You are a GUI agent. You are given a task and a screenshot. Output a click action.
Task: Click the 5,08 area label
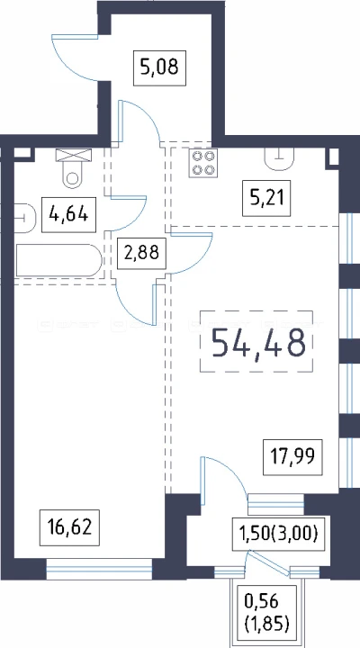click(x=159, y=68)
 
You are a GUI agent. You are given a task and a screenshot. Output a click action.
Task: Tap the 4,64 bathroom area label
click(x=68, y=215)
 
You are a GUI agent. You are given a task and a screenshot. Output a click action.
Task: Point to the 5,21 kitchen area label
click(x=266, y=199)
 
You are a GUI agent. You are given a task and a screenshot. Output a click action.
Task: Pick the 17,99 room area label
click(x=292, y=457)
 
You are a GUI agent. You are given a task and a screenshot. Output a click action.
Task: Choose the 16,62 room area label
click(x=69, y=527)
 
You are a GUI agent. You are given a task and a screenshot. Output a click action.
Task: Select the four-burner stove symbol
click(x=202, y=163)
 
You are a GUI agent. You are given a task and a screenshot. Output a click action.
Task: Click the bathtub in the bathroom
click(x=58, y=260)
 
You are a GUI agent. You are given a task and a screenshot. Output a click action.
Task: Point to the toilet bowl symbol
click(x=73, y=175)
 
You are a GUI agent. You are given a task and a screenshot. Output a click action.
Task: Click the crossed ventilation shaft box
click(x=74, y=156)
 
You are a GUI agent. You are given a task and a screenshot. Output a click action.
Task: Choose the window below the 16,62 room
click(x=99, y=569)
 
